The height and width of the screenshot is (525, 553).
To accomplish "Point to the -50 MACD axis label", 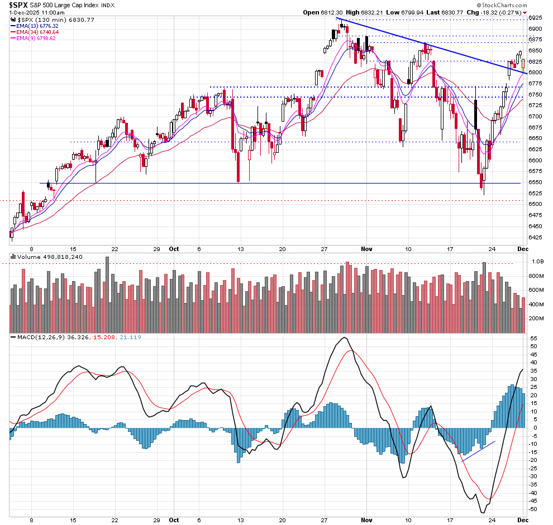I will click(533, 509).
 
